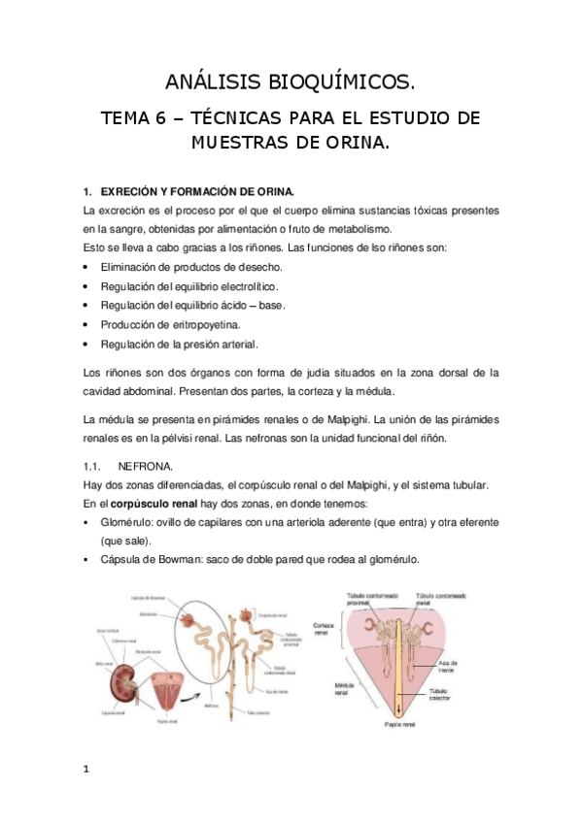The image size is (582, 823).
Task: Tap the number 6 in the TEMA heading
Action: (x=171, y=118)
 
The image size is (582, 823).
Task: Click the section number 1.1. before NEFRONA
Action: (x=96, y=465)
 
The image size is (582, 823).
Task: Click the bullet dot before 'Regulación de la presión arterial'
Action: (x=87, y=344)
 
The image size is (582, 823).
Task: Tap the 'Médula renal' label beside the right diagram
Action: (x=325, y=690)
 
